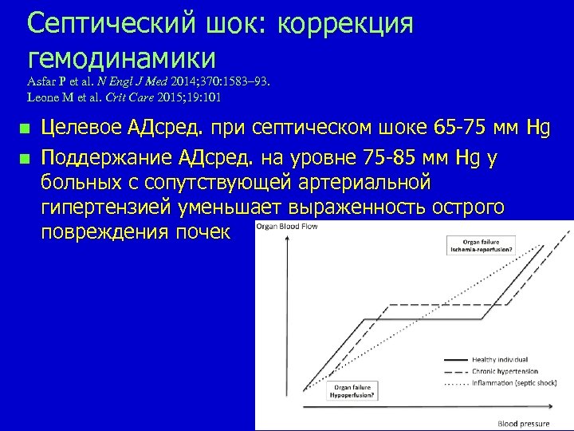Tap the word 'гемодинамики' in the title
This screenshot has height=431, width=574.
pyautogui.click(x=121, y=57)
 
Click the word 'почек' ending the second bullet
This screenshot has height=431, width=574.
pyautogui.click(x=202, y=233)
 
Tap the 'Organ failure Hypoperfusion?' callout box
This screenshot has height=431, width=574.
pyautogui.click(x=353, y=391)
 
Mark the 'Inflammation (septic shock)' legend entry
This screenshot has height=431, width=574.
pyautogui.click(x=514, y=382)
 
